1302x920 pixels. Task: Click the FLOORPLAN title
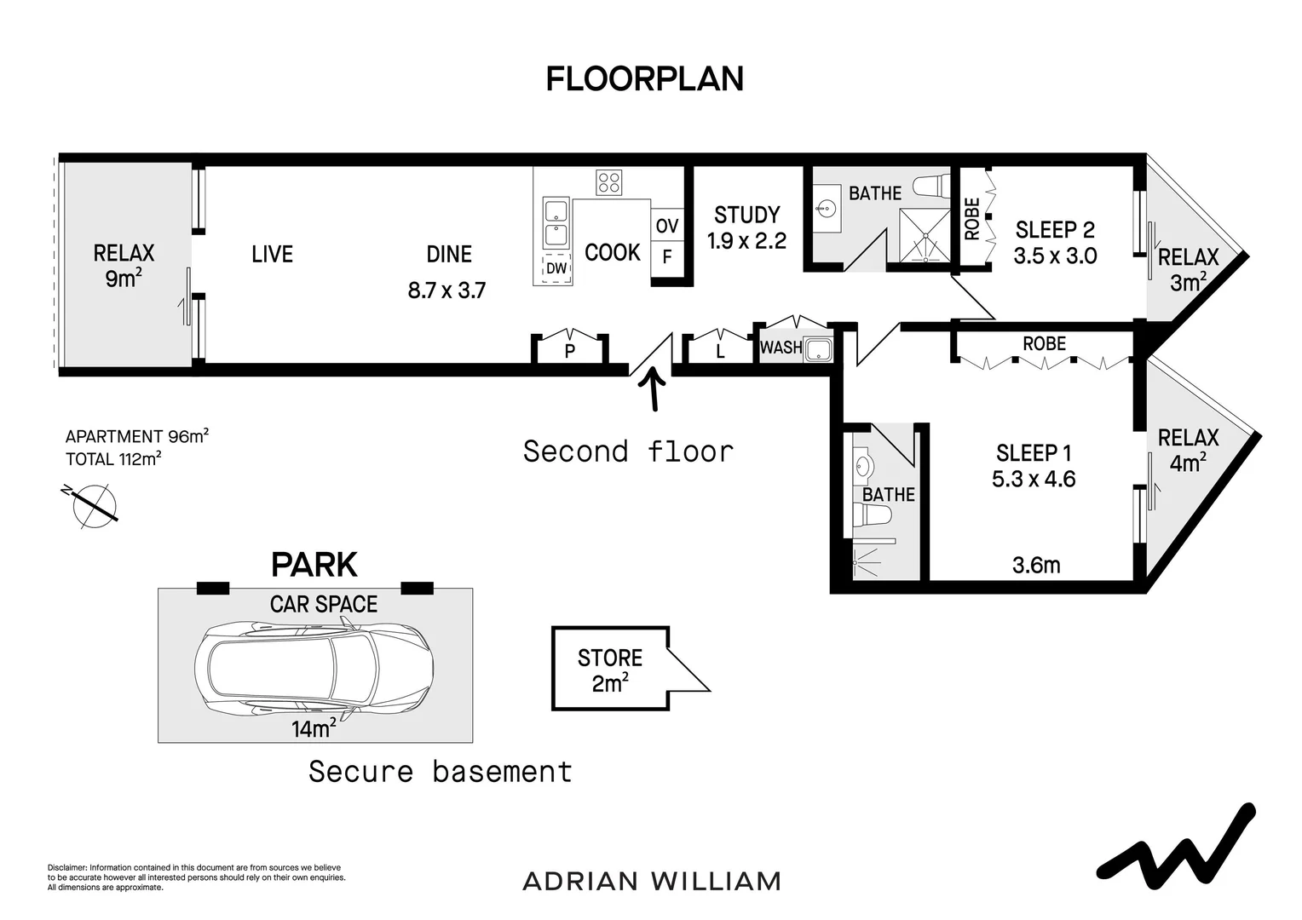click(x=644, y=78)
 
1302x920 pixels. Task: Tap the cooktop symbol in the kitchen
click(x=608, y=182)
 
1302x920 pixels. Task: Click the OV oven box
click(x=667, y=226)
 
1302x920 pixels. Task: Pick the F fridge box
click(x=667, y=256)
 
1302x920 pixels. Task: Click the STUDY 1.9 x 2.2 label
click(x=746, y=227)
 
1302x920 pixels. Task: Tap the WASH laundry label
click(x=781, y=348)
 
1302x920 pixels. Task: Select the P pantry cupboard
click(x=570, y=350)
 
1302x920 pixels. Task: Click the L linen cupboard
click(x=720, y=350)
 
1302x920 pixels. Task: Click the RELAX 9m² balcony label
click(x=124, y=265)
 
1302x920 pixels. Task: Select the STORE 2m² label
click(x=609, y=670)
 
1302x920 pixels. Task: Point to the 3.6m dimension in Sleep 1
click(x=1035, y=565)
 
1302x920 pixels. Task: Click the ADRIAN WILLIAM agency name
click(x=651, y=881)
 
